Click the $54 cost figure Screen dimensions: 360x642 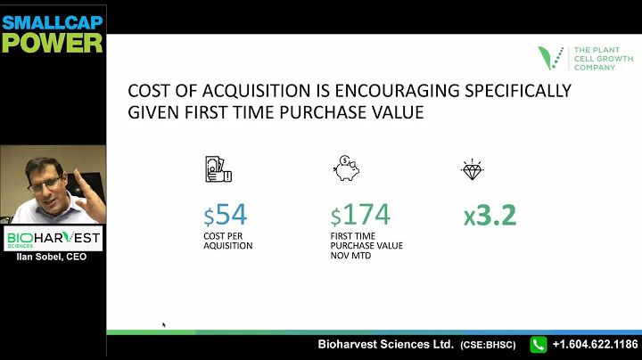click(x=225, y=216)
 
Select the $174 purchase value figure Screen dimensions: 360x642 click(x=360, y=216)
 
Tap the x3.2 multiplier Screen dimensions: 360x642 click(x=490, y=216)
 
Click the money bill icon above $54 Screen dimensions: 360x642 click(x=218, y=169)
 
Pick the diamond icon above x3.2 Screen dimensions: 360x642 click(x=473, y=170)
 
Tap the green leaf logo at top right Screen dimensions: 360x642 click(x=551, y=58)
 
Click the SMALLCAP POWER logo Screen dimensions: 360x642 click(x=52, y=32)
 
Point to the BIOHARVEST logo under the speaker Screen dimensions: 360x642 click(x=53, y=239)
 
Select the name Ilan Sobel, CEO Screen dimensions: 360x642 click(x=53, y=258)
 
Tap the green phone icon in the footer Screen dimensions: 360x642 click(x=539, y=344)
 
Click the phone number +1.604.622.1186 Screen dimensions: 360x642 click(x=594, y=344)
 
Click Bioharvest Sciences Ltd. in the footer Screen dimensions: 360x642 click(x=386, y=344)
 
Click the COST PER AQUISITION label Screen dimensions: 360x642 click(x=228, y=241)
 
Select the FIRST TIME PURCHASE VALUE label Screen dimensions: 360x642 click(x=365, y=246)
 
